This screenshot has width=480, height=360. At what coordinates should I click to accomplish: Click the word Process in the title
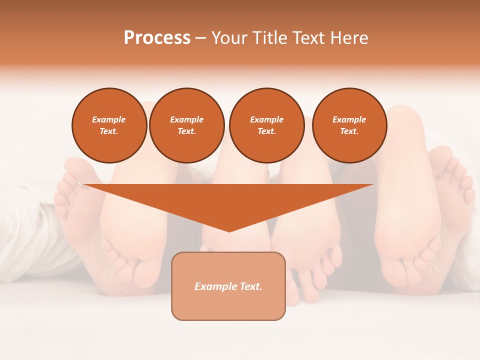(157, 38)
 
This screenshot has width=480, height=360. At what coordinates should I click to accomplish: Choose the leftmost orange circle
(109, 125)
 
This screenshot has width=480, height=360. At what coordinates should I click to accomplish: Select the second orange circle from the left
(187, 125)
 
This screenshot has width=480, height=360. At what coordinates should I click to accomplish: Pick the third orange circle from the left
(266, 125)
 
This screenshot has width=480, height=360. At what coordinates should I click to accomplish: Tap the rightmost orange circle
(349, 125)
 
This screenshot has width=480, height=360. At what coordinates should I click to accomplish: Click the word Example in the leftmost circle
(109, 119)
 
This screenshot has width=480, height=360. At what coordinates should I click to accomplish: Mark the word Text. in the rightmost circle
(349, 131)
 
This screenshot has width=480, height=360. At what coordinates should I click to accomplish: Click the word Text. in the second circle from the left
(187, 131)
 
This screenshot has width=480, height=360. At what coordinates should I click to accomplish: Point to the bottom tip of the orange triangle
(229, 231)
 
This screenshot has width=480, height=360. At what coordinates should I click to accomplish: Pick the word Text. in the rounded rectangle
(251, 286)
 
